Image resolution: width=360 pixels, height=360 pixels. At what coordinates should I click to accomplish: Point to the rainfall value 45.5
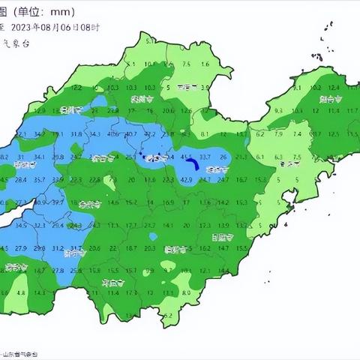click(187, 157)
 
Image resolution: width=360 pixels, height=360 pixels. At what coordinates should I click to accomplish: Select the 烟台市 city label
click(331, 98)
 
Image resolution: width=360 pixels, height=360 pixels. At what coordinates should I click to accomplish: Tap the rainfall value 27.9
click(20, 247)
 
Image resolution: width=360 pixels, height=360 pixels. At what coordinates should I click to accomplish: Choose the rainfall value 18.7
click(132, 247)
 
